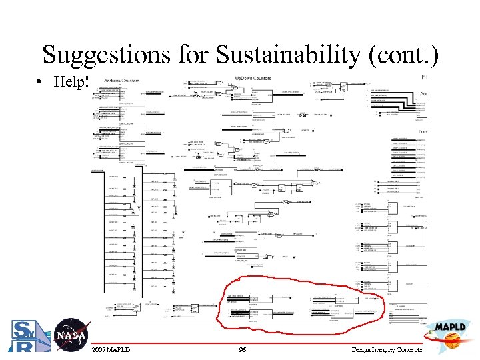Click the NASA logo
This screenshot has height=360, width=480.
click(71, 335)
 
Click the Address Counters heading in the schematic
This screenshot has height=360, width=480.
click(120, 81)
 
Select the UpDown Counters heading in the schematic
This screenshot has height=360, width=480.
click(253, 78)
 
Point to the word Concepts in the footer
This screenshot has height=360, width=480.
click(410, 350)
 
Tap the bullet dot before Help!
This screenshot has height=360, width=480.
click(41, 82)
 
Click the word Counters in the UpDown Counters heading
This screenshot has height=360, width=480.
click(262, 78)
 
